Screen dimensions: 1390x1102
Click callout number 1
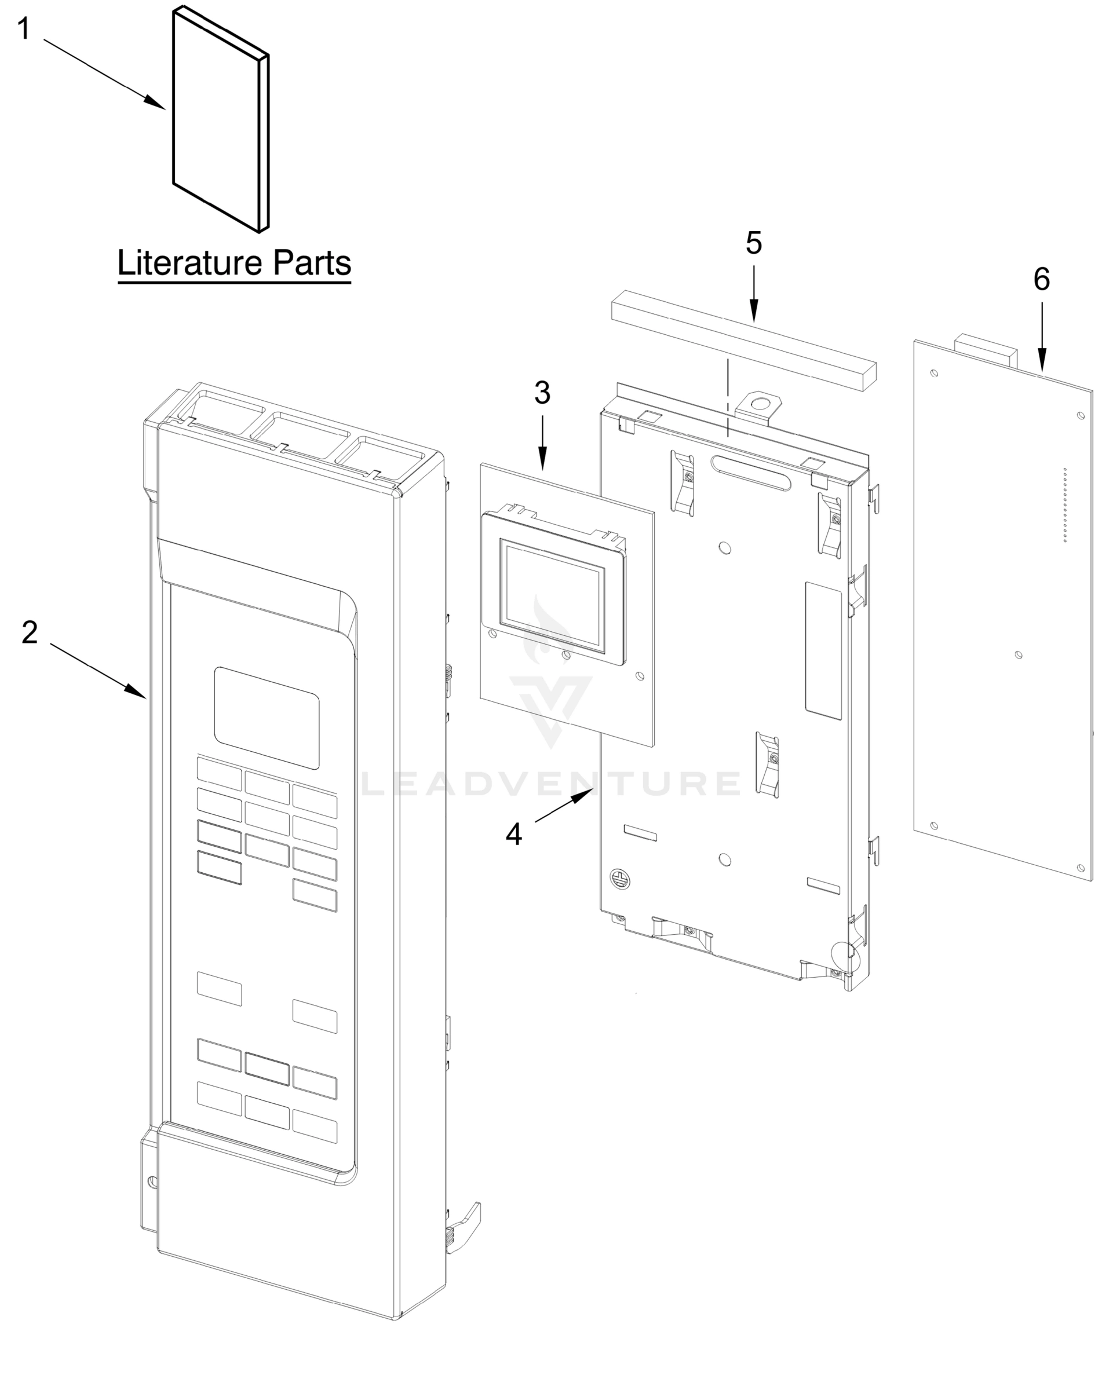coord(23,30)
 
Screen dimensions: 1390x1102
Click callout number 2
coord(29,632)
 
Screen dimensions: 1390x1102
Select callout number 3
coord(542,393)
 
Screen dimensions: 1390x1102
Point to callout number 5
coord(753,243)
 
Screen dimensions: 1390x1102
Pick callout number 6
coord(1041,279)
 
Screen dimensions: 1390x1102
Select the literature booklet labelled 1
coord(219,123)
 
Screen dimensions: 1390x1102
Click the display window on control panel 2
coord(267,718)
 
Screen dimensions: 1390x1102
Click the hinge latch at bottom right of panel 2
coord(462,1226)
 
